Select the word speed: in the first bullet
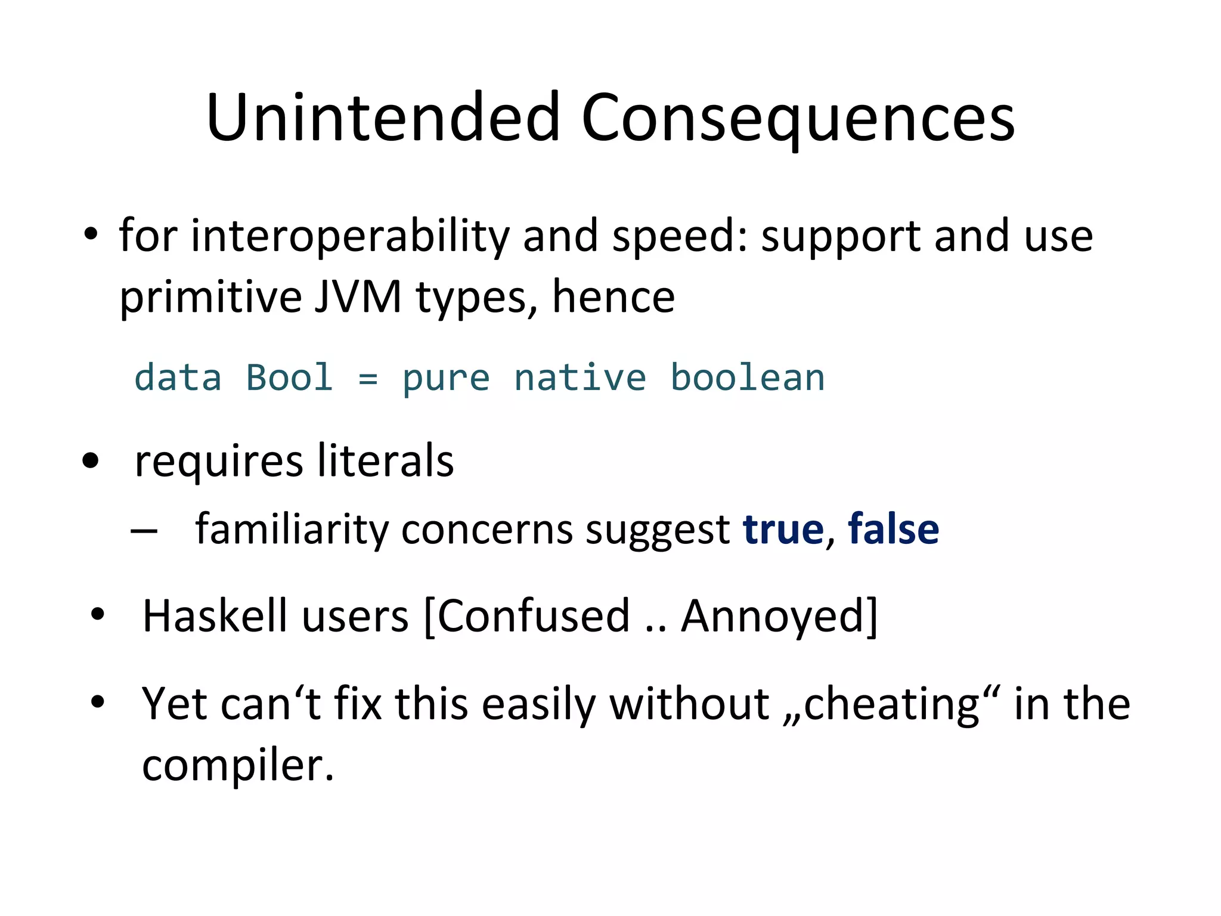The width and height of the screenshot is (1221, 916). (680, 236)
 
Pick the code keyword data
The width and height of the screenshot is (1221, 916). (178, 378)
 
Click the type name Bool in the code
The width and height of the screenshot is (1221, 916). (289, 378)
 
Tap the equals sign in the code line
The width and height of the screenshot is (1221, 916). (368, 378)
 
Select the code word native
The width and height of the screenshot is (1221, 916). (580, 378)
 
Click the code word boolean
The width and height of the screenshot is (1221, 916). (748, 378)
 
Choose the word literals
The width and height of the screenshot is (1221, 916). (385, 461)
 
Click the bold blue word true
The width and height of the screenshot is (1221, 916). (783, 529)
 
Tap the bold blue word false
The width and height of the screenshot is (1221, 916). (893, 529)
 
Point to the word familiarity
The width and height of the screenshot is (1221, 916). (292, 529)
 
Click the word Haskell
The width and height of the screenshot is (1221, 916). (215, 615)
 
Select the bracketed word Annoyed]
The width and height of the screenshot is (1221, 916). (779, 615)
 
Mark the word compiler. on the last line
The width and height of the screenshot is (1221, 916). (238, 765)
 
